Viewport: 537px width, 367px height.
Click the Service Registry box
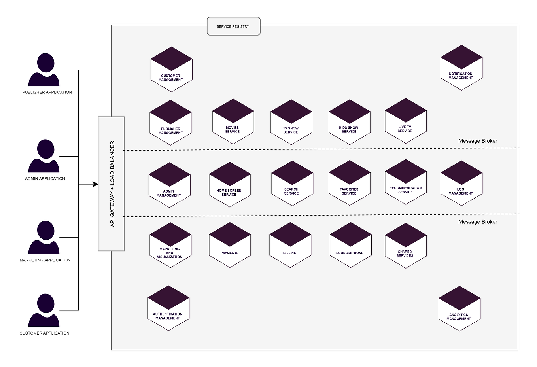pos(233,26)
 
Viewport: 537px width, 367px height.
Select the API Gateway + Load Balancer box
pos(111,184)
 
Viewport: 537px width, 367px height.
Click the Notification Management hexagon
pos(461,68)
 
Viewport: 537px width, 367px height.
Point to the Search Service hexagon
pos(292,183)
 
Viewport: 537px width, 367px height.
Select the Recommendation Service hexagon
pos(405,182)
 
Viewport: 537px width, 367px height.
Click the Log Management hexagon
pos(461,183)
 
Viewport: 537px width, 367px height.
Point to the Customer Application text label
pos(44,333)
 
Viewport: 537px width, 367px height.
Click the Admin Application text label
pos(45,179)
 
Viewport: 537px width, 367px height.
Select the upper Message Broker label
pos(478,141)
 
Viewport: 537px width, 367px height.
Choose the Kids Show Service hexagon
pos(350,122)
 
